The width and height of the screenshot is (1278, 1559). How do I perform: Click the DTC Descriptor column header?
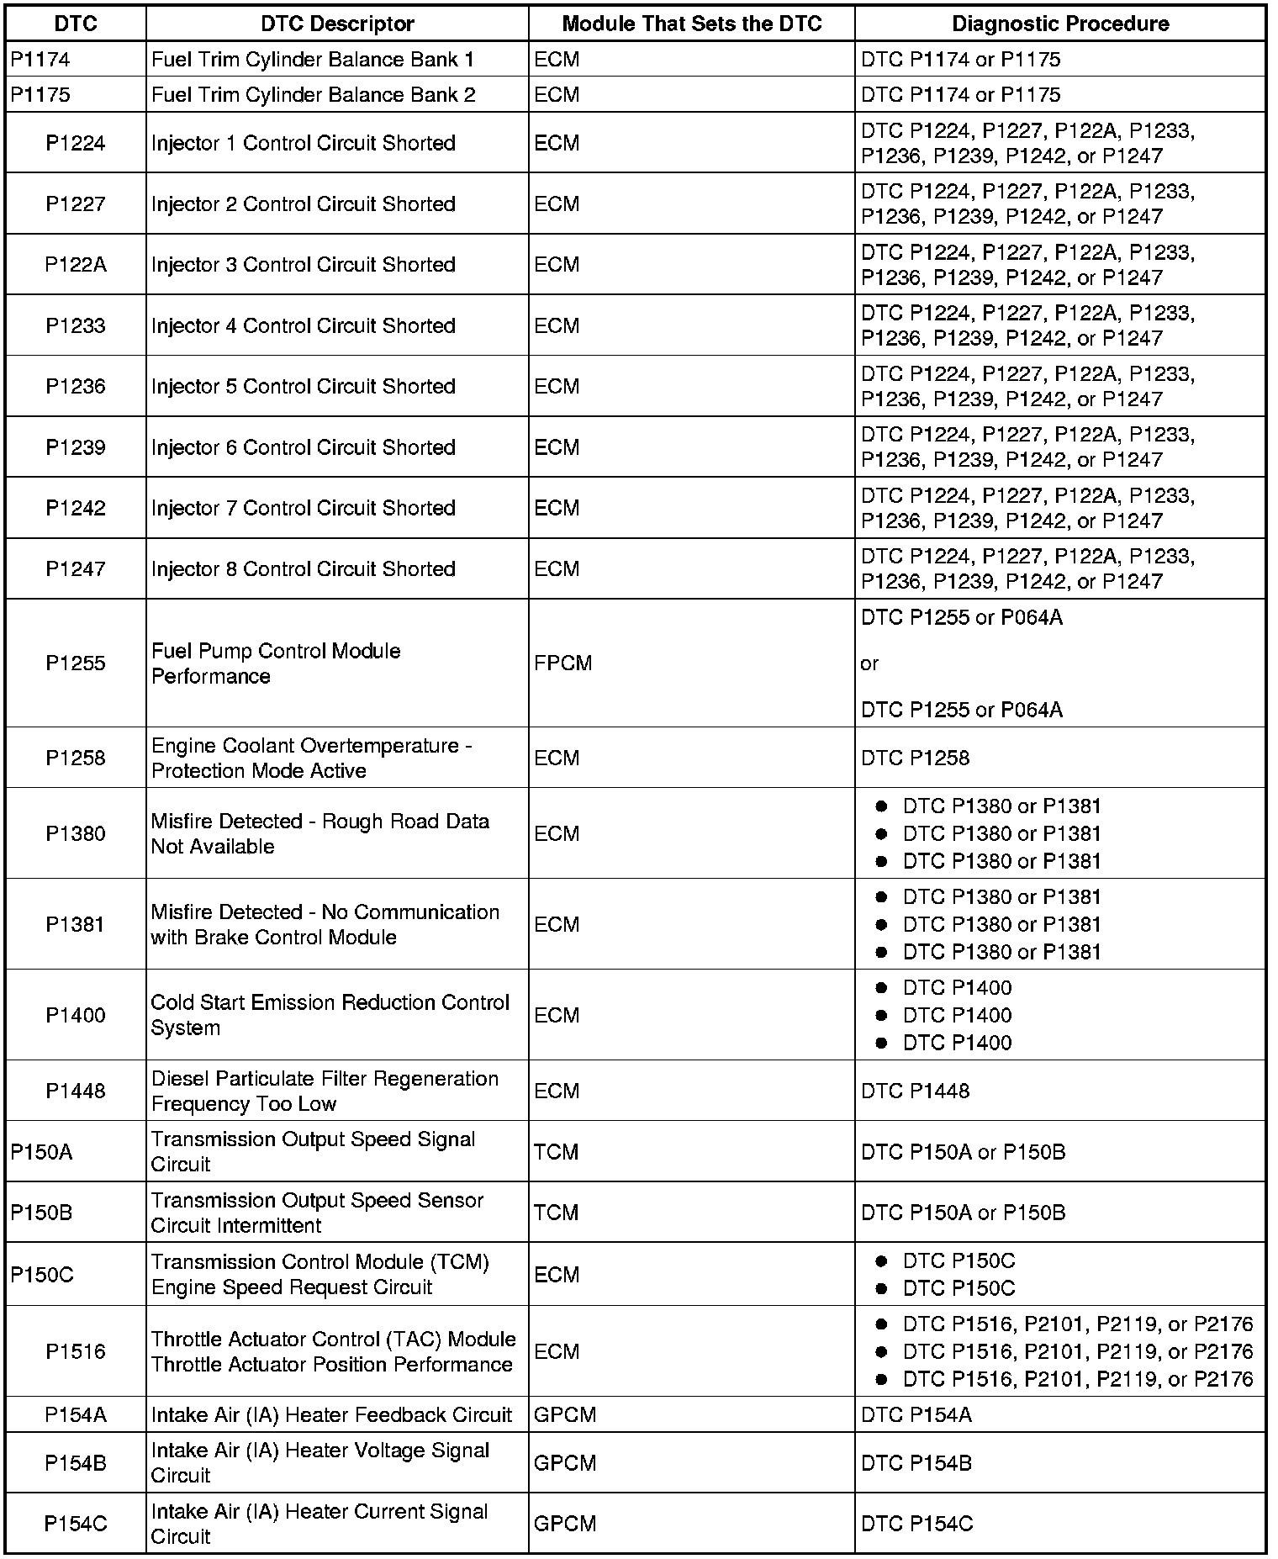(x=337, y=24)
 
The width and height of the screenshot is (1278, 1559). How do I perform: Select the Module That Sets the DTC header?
(x=691, y=24)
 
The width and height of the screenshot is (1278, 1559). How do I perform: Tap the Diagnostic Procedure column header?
(x=1059, y=24)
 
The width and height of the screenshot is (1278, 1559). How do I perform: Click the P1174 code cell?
(x=40, y=60)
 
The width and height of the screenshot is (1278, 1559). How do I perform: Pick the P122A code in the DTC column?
(x=76, y=265)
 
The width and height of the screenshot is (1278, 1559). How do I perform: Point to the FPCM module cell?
(x=563, y=663)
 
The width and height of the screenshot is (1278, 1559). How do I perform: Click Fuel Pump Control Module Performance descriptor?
(x=276, y=663)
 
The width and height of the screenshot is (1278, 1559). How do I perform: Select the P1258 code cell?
(x=76, y=758)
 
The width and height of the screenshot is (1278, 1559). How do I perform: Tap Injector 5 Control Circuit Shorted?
(x=303, y=387)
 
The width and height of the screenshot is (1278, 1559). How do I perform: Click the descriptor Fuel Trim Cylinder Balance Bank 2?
(x=313, y=95)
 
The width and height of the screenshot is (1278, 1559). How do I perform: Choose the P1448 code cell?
(x=76, y=1091)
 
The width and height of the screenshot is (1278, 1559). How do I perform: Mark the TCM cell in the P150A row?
(x=557, y=1151)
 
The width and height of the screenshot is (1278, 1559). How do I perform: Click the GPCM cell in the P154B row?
(x=565, y=1463)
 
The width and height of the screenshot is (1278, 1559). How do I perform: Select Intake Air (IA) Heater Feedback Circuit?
(x=331, y=1415)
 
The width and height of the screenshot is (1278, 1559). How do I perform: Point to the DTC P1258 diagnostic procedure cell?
(x=915, y=758)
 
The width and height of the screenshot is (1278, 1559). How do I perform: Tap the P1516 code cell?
(x=76, y=1351)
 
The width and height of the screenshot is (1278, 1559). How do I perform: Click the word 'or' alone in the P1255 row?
(x=869, y=663)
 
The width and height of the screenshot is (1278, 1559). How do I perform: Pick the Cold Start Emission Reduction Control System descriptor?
(x=330, y=1015)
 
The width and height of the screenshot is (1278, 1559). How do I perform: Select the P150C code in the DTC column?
(x=42, y=1275)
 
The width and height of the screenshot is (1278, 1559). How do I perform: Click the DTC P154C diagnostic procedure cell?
(x=916, y=1524)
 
